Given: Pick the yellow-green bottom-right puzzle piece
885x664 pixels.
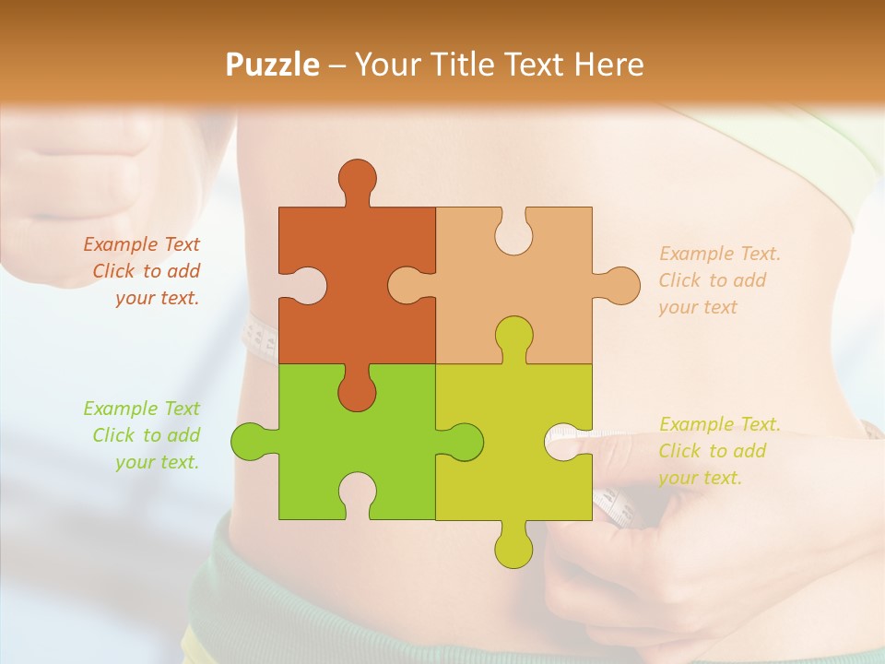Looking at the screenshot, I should [x=525, y=461].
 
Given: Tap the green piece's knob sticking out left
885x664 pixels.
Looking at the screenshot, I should [x=249, y=442].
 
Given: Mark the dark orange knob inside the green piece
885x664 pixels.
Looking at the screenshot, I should [x=357, y=392].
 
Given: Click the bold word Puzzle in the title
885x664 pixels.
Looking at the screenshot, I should [x=272, y=65].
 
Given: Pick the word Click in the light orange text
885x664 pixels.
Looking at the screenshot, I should [x=678, y=280].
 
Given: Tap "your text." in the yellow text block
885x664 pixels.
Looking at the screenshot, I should [x=700, y=478].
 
